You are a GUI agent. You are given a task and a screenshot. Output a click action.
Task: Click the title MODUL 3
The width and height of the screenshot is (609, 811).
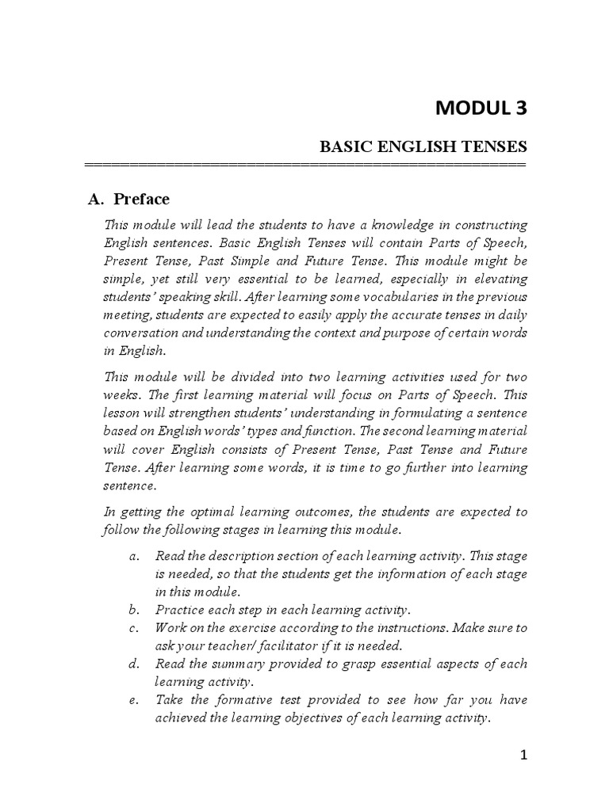(x=481, y=108)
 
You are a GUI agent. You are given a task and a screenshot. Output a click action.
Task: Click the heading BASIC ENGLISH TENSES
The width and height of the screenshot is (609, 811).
(x=423, y=147)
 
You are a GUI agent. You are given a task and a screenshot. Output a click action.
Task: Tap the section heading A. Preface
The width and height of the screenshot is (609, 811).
(x=128, y=199)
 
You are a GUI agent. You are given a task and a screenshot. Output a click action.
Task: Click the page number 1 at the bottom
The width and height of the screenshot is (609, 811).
(x=523, y=755)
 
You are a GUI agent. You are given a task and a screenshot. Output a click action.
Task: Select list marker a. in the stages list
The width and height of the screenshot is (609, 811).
(x=132, y=556)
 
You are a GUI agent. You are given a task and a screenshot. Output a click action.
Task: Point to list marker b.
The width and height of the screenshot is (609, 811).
(x=132, y=610)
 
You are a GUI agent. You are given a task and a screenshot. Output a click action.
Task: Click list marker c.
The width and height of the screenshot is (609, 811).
(x=132, y=628)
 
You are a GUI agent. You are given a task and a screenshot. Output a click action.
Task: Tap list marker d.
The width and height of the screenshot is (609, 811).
(x=132, y=664)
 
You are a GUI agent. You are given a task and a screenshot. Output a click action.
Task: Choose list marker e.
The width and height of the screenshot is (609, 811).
(x=132, y=700)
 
